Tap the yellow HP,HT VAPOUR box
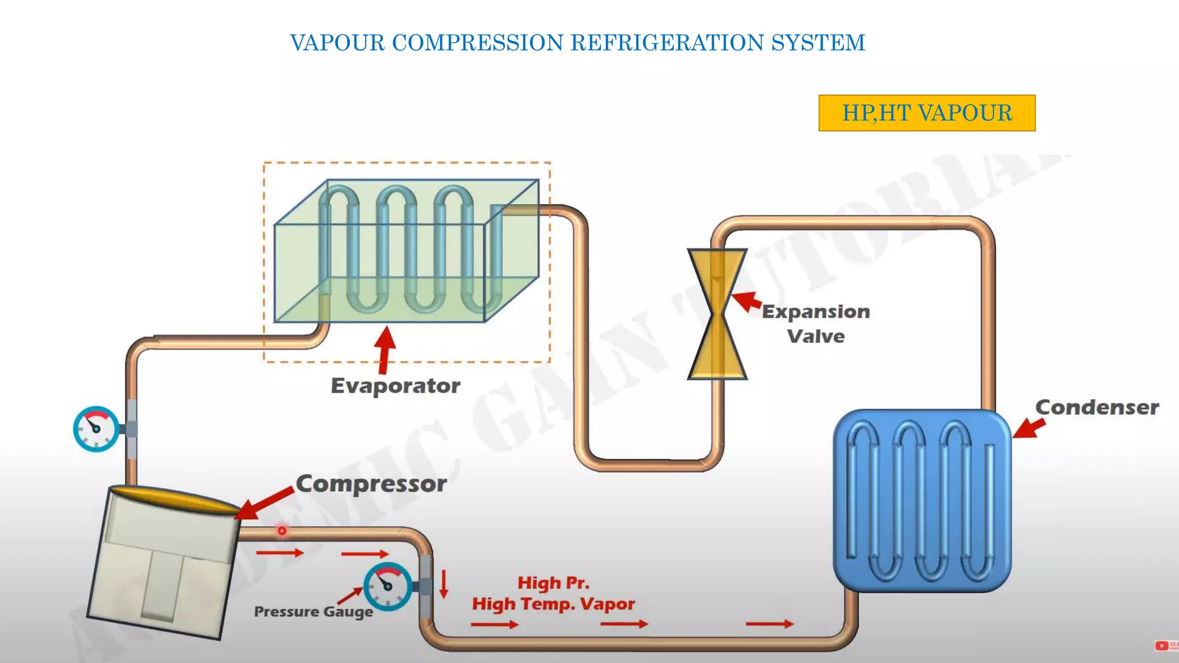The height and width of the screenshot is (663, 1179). [926, 113]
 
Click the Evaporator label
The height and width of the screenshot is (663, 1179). [395, 386]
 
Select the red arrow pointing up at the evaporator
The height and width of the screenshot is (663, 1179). [385, 349]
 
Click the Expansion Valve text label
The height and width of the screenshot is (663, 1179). [816, 323]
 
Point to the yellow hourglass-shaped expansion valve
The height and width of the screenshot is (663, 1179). [717, 314]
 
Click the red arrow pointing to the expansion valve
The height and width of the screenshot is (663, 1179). [747, 301]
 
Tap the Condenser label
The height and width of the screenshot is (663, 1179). [1097, 407]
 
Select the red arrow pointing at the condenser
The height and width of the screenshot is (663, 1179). [1028, 428]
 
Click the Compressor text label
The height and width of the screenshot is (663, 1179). [371, 484]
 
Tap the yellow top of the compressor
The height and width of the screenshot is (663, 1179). [173, 498]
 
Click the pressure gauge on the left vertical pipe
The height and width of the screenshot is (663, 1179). [96, 429]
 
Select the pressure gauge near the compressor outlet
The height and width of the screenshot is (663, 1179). [387, 586]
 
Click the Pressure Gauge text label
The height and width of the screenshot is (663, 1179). [313, 611]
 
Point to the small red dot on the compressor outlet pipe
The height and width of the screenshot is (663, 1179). [282, 531]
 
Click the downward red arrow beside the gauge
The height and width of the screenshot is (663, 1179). [443, 584]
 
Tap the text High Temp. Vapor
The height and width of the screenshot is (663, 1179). [553, 604]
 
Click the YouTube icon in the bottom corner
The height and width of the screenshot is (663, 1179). [1162, 646]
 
